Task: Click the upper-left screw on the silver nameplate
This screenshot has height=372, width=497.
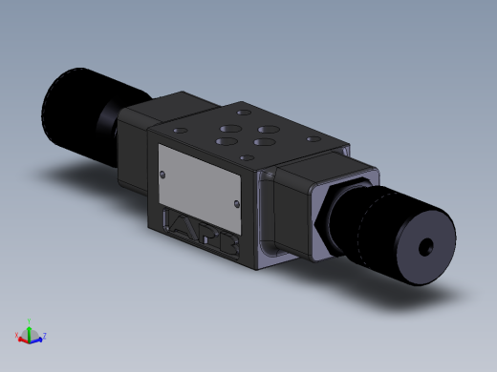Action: coord(164,173)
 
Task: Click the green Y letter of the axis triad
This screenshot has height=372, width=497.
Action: coord(30,321)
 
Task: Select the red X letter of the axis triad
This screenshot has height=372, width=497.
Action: coord(17,335)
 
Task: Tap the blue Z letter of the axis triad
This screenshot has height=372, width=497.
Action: coord(45,336)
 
